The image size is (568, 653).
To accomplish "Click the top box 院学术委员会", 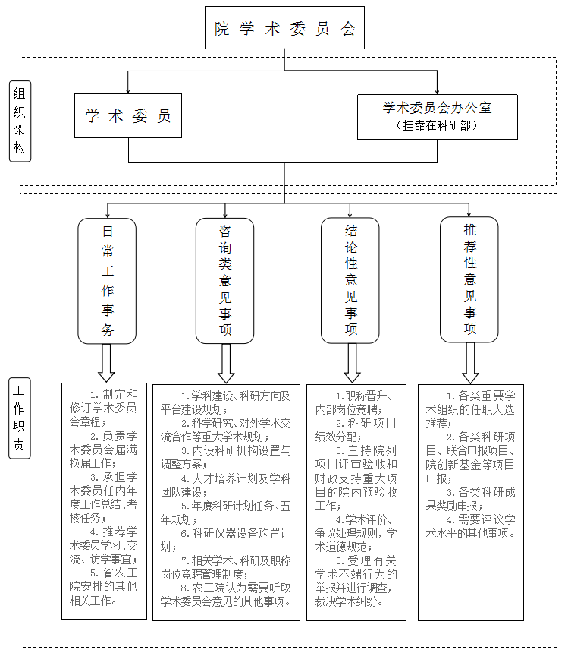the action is pos(284,28).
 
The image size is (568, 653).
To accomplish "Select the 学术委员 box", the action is pos(128,115).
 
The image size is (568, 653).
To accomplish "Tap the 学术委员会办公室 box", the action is pos(438,117).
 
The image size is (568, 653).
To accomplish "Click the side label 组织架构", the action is pos(20,121).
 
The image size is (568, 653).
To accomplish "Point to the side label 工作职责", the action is pos(20,418).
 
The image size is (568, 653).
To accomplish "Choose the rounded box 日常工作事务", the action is pos(107,281).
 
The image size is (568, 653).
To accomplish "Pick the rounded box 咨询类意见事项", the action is pos(225,281).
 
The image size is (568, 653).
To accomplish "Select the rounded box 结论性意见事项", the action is pos(350,281).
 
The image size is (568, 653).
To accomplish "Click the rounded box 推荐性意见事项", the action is pos(469,279).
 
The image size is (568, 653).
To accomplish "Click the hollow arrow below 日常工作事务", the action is pos(106,363).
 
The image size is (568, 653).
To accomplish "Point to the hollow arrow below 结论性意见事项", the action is pos(352,363).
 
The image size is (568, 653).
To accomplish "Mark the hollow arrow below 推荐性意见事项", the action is pos(470,363).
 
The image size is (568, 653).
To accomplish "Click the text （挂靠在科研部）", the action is pos(437,125).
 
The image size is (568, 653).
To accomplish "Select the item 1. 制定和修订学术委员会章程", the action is pos(104,408).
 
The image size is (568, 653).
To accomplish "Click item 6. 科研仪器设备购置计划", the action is pos(226,540).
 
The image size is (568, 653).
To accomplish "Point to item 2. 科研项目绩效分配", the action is pos(356,430).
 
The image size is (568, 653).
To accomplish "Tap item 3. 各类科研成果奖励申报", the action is pos(471,499).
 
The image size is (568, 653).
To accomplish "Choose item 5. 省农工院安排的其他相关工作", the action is pos(104,587).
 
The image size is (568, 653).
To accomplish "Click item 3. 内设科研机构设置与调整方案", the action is pos(226,457).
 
